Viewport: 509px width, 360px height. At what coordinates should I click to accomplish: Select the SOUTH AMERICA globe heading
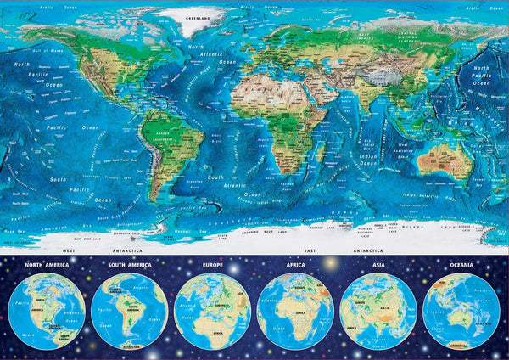(x=127, y=265)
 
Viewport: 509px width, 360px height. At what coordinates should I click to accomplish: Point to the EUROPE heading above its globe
(x=211, y=265)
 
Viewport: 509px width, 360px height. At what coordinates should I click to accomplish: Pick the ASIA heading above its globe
(x=378, y=265)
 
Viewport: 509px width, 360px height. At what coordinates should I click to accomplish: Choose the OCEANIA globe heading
(x=461, y=265)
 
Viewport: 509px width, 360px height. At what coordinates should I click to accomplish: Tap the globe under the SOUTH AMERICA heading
(x=127, y=310)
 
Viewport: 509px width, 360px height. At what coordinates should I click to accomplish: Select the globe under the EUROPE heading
(x=211, y=310)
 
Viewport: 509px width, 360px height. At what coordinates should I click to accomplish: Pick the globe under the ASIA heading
(x=378, y=310)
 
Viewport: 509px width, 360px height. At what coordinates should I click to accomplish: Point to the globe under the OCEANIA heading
(x=461, y=310)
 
